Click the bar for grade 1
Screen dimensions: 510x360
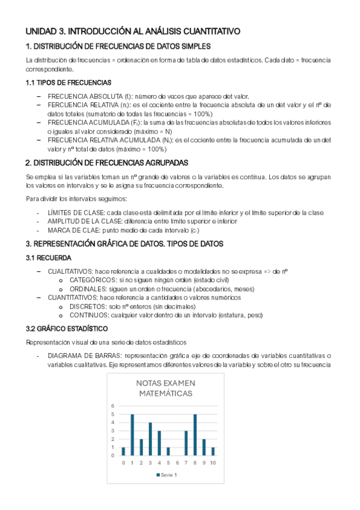(x=132, y=435)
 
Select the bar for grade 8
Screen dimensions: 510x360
(x=195, y=435)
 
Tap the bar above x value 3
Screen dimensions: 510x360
(x=150, y=439)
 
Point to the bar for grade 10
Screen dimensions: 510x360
(x=213, y=451)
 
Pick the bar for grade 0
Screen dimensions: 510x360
(x=123, y=451)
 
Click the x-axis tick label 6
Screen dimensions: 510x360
(x=177, y=462)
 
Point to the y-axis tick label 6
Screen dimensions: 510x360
(x=112, y=405)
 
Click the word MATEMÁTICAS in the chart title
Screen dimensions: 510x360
(x=166, y=393)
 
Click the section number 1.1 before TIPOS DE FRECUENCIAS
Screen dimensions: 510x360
(x=29, y=82)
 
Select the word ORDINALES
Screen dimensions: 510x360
(x=88, y=289)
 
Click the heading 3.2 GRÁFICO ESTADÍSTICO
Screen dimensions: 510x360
(x=67, y=329)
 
